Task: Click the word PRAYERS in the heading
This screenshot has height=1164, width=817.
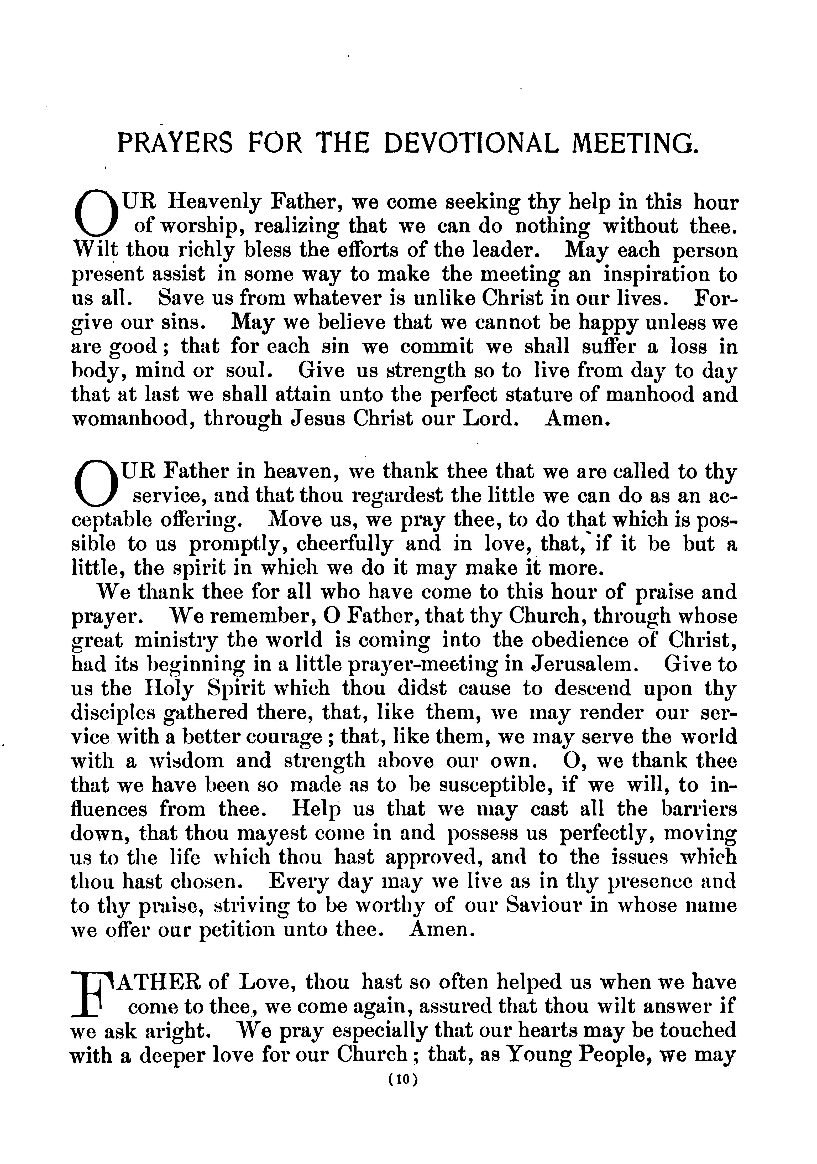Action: pyautogui.click(x=175, y=143)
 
